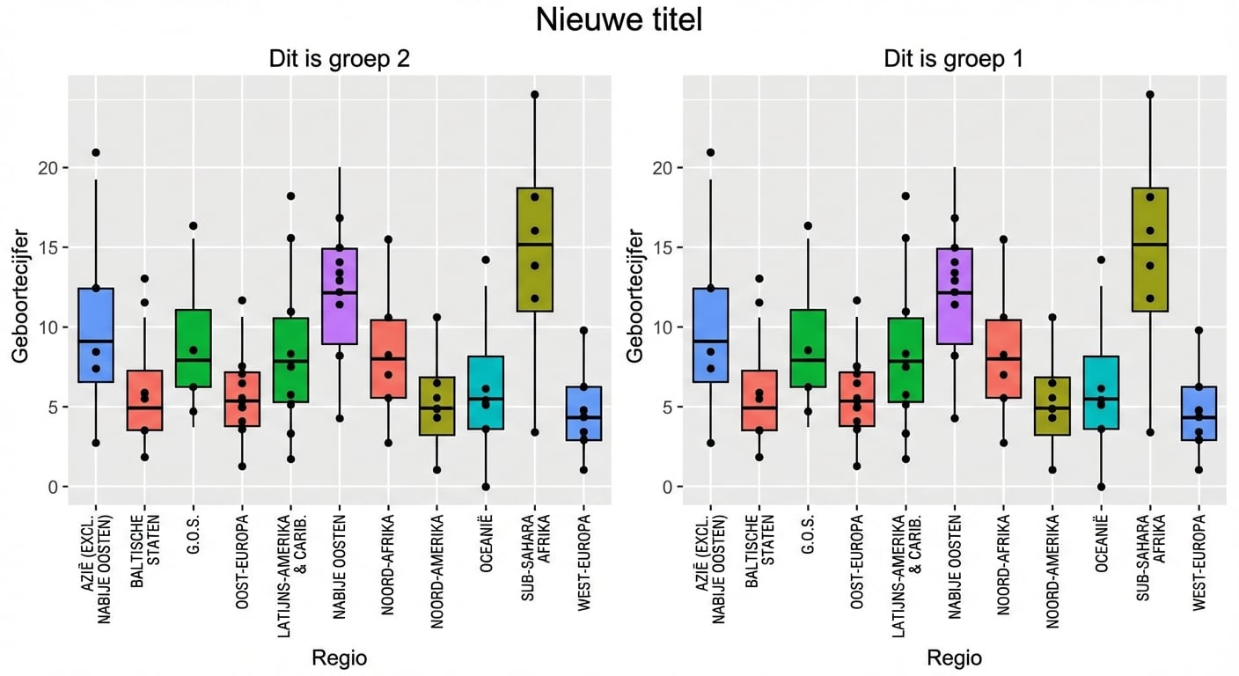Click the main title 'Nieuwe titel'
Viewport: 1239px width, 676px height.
coord(619,20)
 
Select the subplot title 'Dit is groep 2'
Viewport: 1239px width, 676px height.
coord(339,60)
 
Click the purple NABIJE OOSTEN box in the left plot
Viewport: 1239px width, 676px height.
coord(339,296)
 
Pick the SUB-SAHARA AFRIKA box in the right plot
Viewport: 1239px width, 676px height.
coord(1149,249)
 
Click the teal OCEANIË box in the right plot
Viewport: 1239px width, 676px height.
coord(1101,393)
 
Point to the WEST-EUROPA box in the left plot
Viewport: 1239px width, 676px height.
coord(583,413)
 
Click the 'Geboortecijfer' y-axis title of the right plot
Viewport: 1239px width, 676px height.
coord(635,295)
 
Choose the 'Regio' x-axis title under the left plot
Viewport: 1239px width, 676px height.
coord(339,658)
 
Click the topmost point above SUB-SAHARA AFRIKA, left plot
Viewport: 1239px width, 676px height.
coord(534,94)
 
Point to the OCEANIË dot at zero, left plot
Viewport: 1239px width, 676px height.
coord(485,487)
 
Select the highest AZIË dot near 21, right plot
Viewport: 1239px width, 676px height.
coord(711,152)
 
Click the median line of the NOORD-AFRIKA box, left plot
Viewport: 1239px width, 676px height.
coord(387,359)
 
